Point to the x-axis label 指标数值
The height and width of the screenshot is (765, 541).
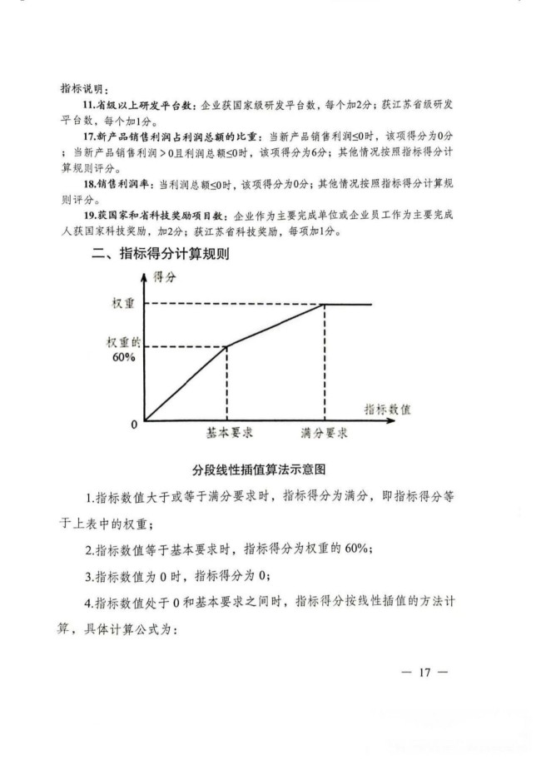388,410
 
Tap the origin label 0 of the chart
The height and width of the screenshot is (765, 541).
133,425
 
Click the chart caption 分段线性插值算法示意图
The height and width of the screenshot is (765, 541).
262,469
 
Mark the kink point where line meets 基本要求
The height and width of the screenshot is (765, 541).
227,345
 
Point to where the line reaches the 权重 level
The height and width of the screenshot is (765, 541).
324,304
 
